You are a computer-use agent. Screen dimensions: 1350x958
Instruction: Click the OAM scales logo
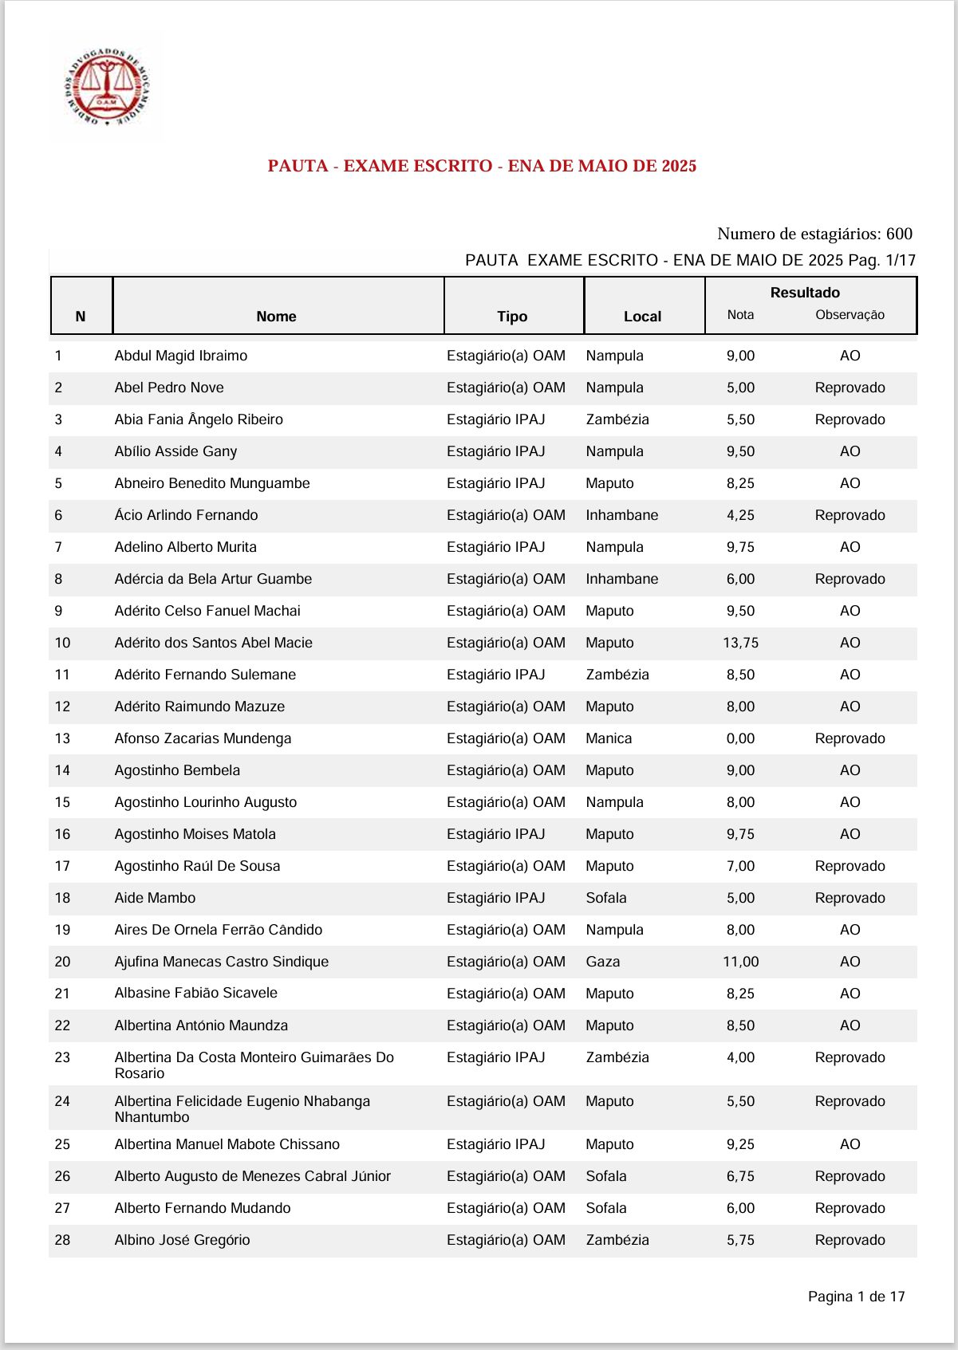pyautogui.click(x=107, y=87)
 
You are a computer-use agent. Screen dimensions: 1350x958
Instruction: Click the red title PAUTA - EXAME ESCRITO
pyautogui.click(x=482, y=166)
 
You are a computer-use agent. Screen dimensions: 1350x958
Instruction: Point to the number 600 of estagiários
pyautogui.click(x=899, y=234)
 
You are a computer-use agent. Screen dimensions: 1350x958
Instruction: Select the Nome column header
pyautogui.click(x=276, y=317)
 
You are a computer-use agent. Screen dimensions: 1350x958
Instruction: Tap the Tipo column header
pyautogui.click(x=512, y=317)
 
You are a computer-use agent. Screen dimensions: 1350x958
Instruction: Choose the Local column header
pyautogui.click(x=642, y=317)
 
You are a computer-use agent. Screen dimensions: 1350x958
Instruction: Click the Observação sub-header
pyautogui.click(x=850, y=315)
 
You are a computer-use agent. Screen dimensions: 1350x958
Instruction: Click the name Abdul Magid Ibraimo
pyautogui.click(x=181, y=356)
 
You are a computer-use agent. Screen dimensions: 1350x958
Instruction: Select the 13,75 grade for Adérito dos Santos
pyautogui.click(x=740, y=643)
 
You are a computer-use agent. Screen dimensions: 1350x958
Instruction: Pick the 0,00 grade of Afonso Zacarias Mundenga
pyautogui.click(x=740, y=738)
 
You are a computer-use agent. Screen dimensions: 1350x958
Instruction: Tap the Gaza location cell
pyautogui.click(x=603, y=962)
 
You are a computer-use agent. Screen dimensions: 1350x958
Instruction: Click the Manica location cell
pyautogui.click(x=609, y=738)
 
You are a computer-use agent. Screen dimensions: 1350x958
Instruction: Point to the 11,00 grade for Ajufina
pyautogui.click(x=740, y=962)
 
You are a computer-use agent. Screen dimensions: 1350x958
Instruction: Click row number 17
pyautogui.click(x=62, y=866)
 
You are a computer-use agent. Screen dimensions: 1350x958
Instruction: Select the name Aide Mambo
pyautogui.click(x=155, y=898)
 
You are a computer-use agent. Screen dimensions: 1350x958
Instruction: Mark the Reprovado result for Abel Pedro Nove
pyautogui.click(x=850, y=388)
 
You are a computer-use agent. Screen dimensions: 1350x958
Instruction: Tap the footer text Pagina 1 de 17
pyautogui.click(x=856, y=1297)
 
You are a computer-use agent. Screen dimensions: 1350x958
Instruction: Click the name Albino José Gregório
pyautogui.click(x=182, y=1240)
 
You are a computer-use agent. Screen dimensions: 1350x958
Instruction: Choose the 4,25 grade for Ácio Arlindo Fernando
pyautogui.click(x=740, y=515)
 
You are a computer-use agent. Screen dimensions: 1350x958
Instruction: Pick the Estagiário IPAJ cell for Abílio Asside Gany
pyautogui.click(x=495, y=451)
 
